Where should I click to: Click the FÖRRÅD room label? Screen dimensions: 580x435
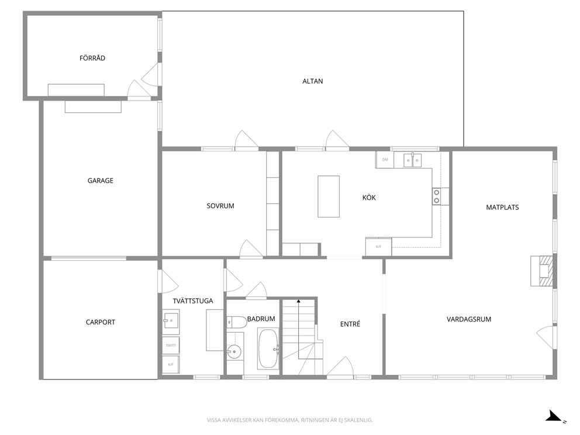point(92,58)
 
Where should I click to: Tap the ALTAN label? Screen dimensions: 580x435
point(313,81)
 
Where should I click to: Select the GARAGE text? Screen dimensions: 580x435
point(100,181)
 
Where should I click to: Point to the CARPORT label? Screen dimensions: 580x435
point(100,322)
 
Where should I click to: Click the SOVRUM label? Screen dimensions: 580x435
point(220,206)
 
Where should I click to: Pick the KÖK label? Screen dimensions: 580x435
point(369,197)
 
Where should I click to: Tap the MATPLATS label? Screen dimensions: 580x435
point(502,208)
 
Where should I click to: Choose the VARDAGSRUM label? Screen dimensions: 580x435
point(469,319)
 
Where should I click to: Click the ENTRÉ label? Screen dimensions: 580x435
point(350,324)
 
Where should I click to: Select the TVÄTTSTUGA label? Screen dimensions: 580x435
point(193,301)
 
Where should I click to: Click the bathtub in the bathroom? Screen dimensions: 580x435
point(268,349)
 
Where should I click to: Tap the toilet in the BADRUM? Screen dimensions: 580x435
point(237,322)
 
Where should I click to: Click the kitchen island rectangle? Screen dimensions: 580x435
point(329,196)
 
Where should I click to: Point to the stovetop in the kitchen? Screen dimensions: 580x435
point(437,196)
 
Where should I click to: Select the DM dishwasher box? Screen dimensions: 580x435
point(385,160)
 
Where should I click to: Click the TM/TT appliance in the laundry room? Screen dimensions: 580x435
point(171,346)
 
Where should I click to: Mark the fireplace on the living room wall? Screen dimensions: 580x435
point(542,271)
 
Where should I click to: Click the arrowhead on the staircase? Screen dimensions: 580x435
point(299,301)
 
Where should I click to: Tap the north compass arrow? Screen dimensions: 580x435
point(554,416)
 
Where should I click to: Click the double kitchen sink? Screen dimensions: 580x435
point(412,160)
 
